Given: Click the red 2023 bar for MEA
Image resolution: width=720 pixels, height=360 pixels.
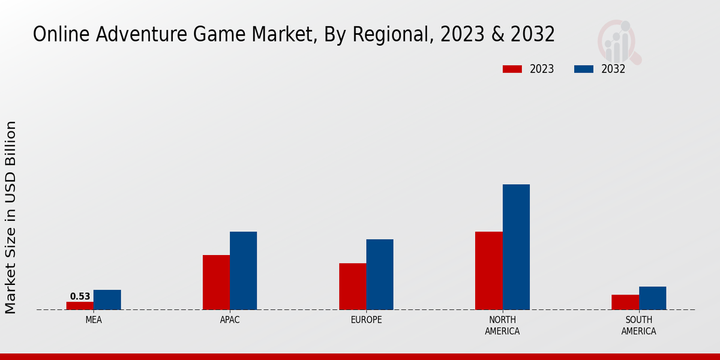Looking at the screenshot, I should (80, 305).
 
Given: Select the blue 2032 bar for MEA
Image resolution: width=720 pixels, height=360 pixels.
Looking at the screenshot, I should (107, 299).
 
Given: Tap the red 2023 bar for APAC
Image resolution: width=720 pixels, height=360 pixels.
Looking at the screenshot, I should (216, 282).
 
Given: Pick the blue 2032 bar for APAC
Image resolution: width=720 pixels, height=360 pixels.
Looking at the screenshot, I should (243, 271).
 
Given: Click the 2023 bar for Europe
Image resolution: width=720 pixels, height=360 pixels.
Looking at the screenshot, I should (352, 286).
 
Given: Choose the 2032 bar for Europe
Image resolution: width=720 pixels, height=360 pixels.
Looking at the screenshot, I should (380, 274).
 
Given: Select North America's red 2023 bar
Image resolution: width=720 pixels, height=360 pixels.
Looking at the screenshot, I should (488, 271).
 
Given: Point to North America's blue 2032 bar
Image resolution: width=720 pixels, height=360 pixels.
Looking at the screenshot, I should (516, 247).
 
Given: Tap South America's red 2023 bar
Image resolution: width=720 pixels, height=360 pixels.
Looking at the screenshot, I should (625, 302).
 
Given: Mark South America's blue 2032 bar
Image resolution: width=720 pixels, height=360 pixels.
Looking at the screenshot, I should (652, 298).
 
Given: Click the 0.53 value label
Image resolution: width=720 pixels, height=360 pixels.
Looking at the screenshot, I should (80, 296).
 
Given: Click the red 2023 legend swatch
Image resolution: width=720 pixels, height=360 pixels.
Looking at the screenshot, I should (512, 69).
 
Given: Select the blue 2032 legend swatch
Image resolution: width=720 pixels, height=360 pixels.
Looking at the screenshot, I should (584, 69).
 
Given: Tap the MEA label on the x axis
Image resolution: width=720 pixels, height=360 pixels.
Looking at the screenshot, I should (94, 320).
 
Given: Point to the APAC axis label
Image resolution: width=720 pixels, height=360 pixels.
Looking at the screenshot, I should (230, 320).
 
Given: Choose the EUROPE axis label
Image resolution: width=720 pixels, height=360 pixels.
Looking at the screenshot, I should (366, 320).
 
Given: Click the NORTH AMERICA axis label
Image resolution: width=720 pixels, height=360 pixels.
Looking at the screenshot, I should (502, 325).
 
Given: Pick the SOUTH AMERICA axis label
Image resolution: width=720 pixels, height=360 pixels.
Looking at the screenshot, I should (638, 325).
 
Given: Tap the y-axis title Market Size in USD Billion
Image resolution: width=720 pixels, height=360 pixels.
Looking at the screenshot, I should (11, 217).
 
